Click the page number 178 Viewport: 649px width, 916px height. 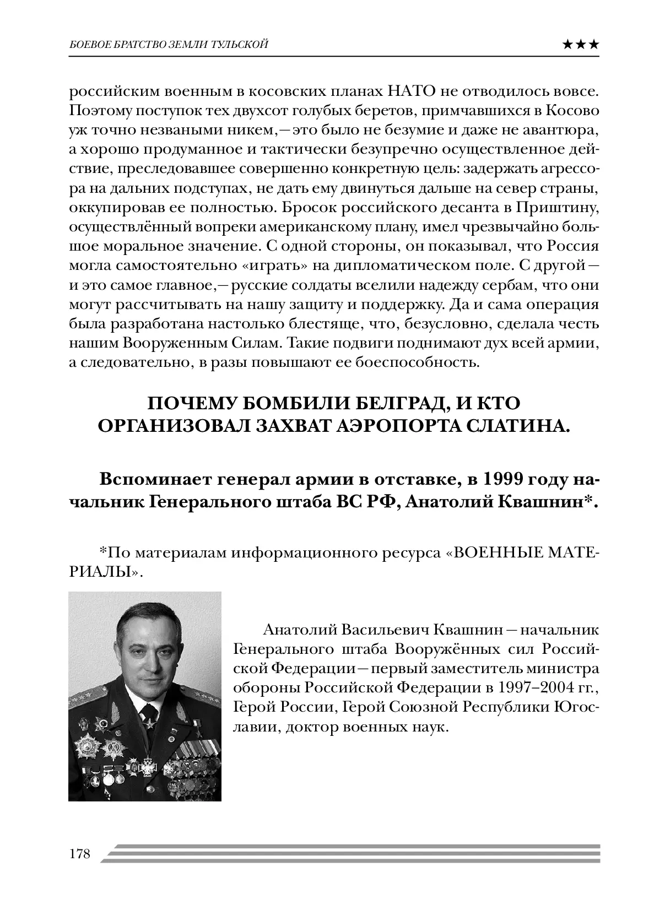(x=80, y=854)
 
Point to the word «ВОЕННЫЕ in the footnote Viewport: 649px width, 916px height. (x=490, y=551)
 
